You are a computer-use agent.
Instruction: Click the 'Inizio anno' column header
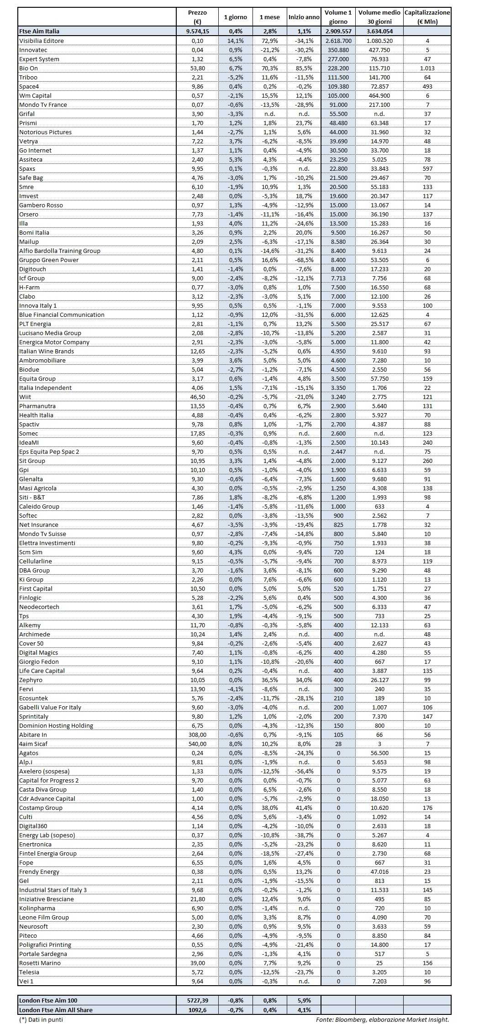(x=304, y=17)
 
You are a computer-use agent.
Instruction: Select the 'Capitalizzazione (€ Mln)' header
(x=427, y=17)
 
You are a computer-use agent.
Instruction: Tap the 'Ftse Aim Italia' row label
(x=39, y=32)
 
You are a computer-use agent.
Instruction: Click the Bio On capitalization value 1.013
(x=427, y=68)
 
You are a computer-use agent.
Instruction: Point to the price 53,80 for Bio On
(x=197, y=68)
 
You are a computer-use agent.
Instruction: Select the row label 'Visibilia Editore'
(x=42, y=41)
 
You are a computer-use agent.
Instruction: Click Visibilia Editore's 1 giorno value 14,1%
(x=235, y=41)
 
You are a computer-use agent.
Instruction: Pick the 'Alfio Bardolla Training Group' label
(x=60, y=251)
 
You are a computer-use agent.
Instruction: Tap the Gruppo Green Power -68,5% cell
(x=304, y=260)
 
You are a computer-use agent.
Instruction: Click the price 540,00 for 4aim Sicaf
(x=197, y=744)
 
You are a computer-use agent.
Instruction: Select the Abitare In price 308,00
(x=197, y=735)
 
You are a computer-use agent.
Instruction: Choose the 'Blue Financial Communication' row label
(x=62, y=315)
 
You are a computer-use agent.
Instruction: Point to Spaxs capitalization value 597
(x=427, y=168)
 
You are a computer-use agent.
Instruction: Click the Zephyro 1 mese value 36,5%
(x=269, y=680)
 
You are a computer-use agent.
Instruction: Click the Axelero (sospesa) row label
(x=44, y=771)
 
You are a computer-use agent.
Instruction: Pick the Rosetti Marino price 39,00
(x=197, y=963)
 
